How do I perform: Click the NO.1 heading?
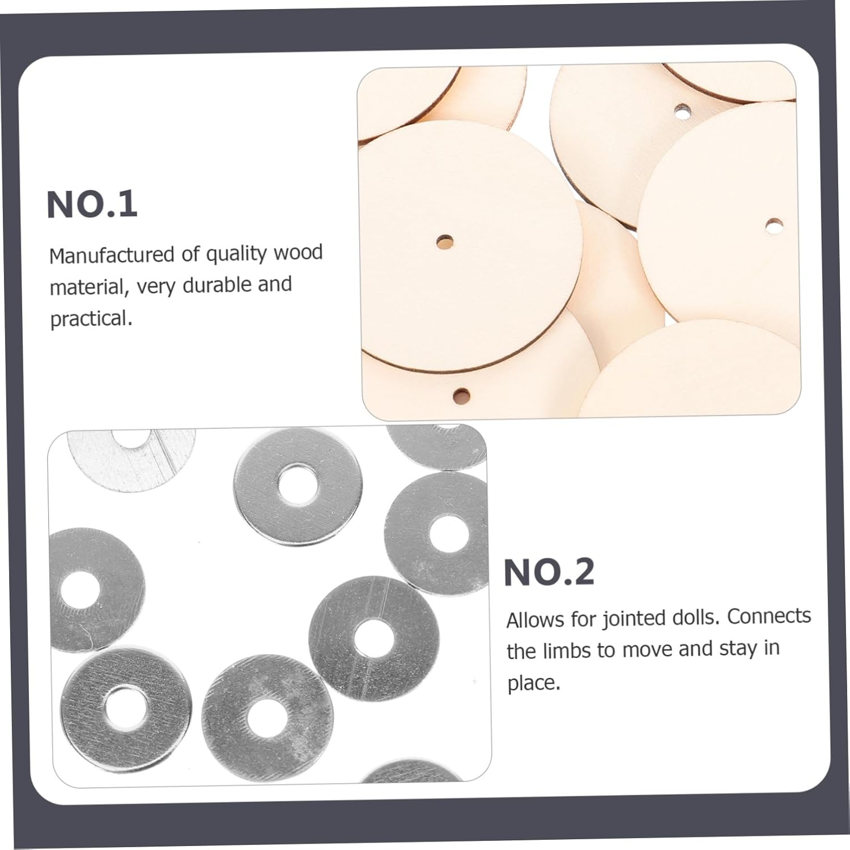[x=92, y=205]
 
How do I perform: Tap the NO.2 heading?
[x=549, y=572]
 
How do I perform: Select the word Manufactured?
[x=111, y=255]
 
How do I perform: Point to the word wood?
[x=298, y=252]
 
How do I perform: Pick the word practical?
[x=91, y=319]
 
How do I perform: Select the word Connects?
[x=769, y=615]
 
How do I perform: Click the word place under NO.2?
[x=533, y=683]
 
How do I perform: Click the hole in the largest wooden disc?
[x=445, y=243]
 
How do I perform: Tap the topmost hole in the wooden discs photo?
[x=683, y=110]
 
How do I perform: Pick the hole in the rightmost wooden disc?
[x=774, y=226]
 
